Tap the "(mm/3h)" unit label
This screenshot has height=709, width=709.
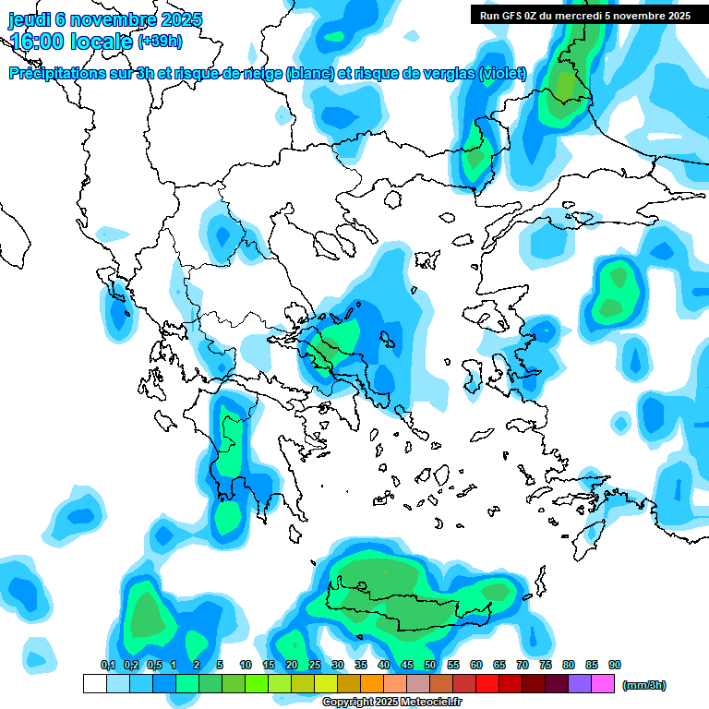point(644,685)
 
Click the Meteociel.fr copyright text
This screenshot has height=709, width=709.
point(391,703)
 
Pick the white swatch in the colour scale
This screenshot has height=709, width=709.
point(94,684)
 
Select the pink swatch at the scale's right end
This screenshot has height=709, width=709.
point(603,684)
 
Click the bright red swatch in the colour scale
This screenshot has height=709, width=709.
point(487,684)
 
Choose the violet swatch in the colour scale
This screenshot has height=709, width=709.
point(580,684)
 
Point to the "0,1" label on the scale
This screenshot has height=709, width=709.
point(108,666)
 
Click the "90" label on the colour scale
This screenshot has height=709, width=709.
point(615,666)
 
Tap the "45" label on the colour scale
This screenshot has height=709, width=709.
point(407,666)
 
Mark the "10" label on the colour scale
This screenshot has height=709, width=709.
point(246,666)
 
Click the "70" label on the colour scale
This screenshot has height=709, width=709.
point(523,666)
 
